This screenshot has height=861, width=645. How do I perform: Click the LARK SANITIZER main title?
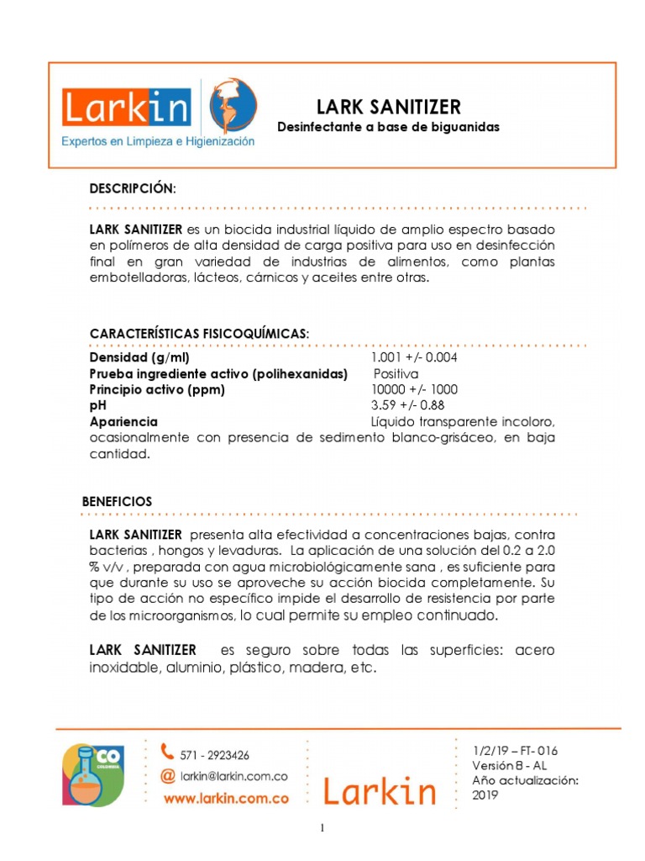coord(388,107)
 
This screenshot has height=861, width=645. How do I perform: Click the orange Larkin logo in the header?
coord(126,108)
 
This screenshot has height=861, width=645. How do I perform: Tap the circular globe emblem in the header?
coord(233,104)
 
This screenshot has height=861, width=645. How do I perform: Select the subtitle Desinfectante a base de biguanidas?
coord(388,127)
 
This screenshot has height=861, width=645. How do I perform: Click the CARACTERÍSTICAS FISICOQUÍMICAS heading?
coord(199,334)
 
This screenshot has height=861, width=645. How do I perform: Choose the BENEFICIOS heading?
coord(117,501)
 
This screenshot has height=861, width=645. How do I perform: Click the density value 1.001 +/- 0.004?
coord(414,357)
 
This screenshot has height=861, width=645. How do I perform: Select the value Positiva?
coord(396,373)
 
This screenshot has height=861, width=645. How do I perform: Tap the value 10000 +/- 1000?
coord(414,389)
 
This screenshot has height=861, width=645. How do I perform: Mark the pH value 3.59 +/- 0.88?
coord(408,405)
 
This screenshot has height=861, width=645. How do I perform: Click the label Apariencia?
coord(123,421)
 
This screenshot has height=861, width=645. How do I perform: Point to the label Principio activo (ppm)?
coord(157,389)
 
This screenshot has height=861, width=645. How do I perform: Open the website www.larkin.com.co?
coord(226,799)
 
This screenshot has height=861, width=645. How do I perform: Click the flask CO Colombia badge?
coord(92,774)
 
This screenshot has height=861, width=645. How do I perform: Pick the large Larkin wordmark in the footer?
coord(380,791)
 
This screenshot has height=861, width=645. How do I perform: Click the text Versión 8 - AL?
coord(510,766)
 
